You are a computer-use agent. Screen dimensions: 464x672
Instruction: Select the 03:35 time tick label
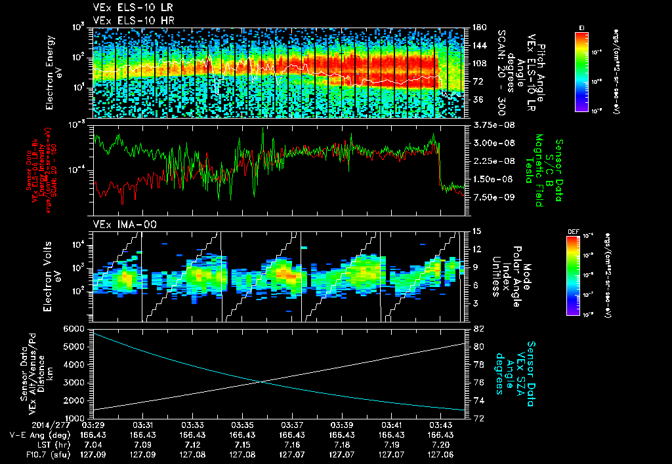(x=243, y=425)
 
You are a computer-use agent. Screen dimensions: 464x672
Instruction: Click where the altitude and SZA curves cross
(x=262, y=381)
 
